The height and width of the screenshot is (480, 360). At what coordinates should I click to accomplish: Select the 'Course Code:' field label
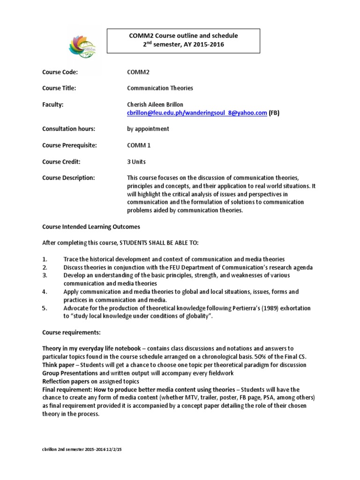pos(60,72)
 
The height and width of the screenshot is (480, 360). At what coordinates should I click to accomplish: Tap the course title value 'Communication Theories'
pos(160,88)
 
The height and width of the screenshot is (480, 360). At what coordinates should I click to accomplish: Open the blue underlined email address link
pos(197,113)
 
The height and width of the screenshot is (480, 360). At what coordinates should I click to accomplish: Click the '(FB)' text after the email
pos(274,113)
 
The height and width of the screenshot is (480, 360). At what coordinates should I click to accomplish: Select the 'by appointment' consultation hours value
pos(148,129)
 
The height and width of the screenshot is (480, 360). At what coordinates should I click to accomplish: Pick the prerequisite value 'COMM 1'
pos(140,145)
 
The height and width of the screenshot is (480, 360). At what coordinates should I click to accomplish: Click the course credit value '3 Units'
pos(136,162)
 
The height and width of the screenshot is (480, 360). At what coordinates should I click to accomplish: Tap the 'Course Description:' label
pos(68,178)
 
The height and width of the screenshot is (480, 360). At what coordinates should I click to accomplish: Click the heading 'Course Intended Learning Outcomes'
pos(91,227)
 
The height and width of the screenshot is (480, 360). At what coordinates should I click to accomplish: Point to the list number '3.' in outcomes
pos(45,276)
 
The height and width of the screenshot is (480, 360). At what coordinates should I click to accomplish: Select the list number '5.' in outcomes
pos(45,308)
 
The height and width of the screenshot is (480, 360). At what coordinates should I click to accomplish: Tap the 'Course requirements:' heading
pos(68,332)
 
